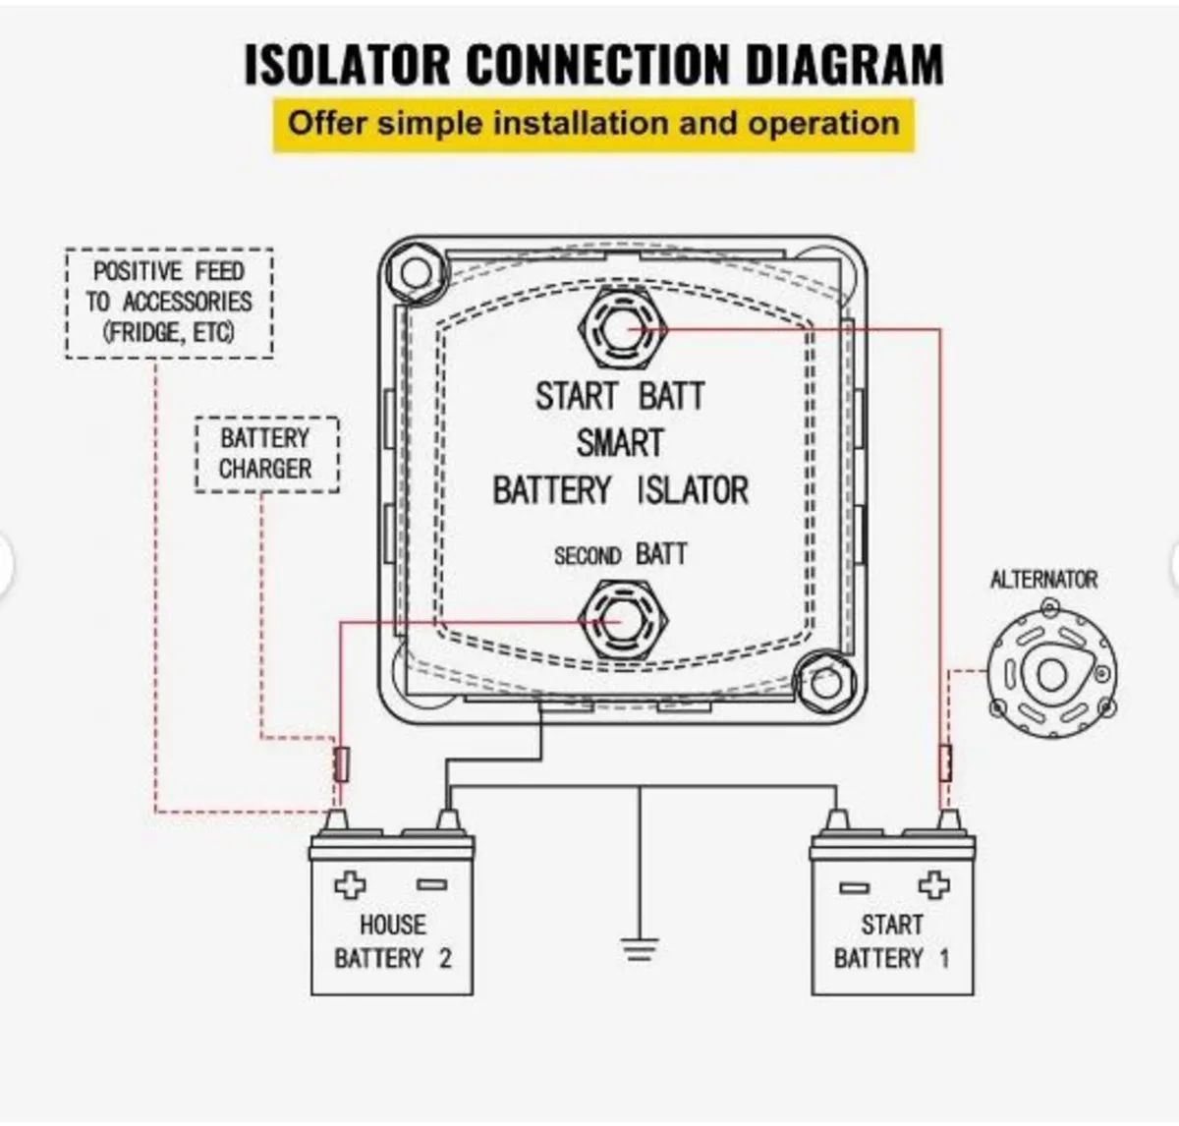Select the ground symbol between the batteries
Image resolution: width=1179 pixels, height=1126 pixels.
[639, 948]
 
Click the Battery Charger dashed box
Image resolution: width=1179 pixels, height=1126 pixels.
[266, 454]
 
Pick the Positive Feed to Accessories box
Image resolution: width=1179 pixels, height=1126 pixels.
[169, 303]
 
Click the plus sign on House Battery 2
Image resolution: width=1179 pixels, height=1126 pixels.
[350, 884]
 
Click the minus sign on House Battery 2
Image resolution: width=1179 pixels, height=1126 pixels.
[431, 884]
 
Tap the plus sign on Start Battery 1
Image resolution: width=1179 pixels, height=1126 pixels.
[933, 885]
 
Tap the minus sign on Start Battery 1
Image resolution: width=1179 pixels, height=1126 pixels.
[854, 887]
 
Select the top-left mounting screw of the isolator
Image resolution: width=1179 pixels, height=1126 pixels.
[414, 272]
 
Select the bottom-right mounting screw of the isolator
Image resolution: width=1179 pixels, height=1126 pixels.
[826, 682]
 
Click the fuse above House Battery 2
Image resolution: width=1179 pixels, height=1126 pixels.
[341, 763]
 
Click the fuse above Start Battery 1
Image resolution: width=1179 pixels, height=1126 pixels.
[945, 762]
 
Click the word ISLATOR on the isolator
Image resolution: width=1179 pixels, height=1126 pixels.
[693, 489]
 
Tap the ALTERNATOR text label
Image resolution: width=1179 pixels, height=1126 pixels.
[1043, 580]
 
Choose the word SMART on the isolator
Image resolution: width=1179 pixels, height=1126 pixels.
[620, 443]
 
